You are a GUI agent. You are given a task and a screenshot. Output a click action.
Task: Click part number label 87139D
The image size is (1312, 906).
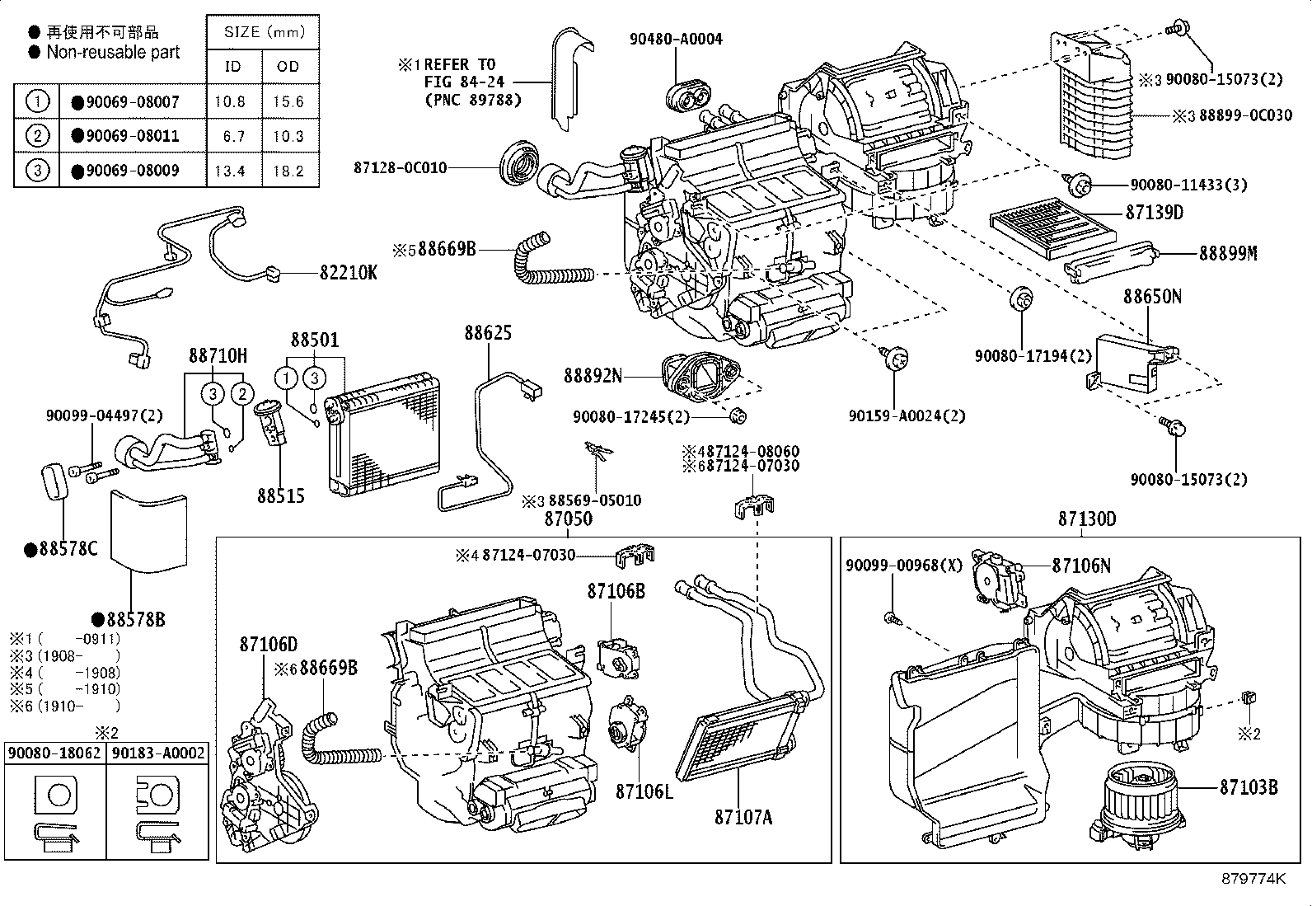click(1154, 213)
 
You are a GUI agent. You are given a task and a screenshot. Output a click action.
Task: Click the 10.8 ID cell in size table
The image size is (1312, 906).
click(232, 101)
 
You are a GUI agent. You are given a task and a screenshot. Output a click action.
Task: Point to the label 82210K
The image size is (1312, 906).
click(348, 272)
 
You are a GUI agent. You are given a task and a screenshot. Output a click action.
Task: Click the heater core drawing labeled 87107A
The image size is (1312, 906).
click(738, 738)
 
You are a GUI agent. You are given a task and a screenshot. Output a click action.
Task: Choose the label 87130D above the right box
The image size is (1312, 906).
click(1086, 519)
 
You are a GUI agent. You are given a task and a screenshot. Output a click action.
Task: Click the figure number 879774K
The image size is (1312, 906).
click(1253, 879)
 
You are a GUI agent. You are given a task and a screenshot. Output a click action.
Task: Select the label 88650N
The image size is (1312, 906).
click(1151, 297)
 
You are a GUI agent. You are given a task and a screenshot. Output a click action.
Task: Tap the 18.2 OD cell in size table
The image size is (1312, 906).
click(288, 171)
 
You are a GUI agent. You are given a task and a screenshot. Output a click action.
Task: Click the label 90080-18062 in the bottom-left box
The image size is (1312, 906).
click(54, 753)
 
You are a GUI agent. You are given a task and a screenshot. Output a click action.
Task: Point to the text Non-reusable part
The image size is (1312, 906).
click(112, 52)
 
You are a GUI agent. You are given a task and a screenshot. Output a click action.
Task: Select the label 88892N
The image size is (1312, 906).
click(593, 376)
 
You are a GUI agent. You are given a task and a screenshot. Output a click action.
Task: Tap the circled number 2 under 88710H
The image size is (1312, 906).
click(241, 393)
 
